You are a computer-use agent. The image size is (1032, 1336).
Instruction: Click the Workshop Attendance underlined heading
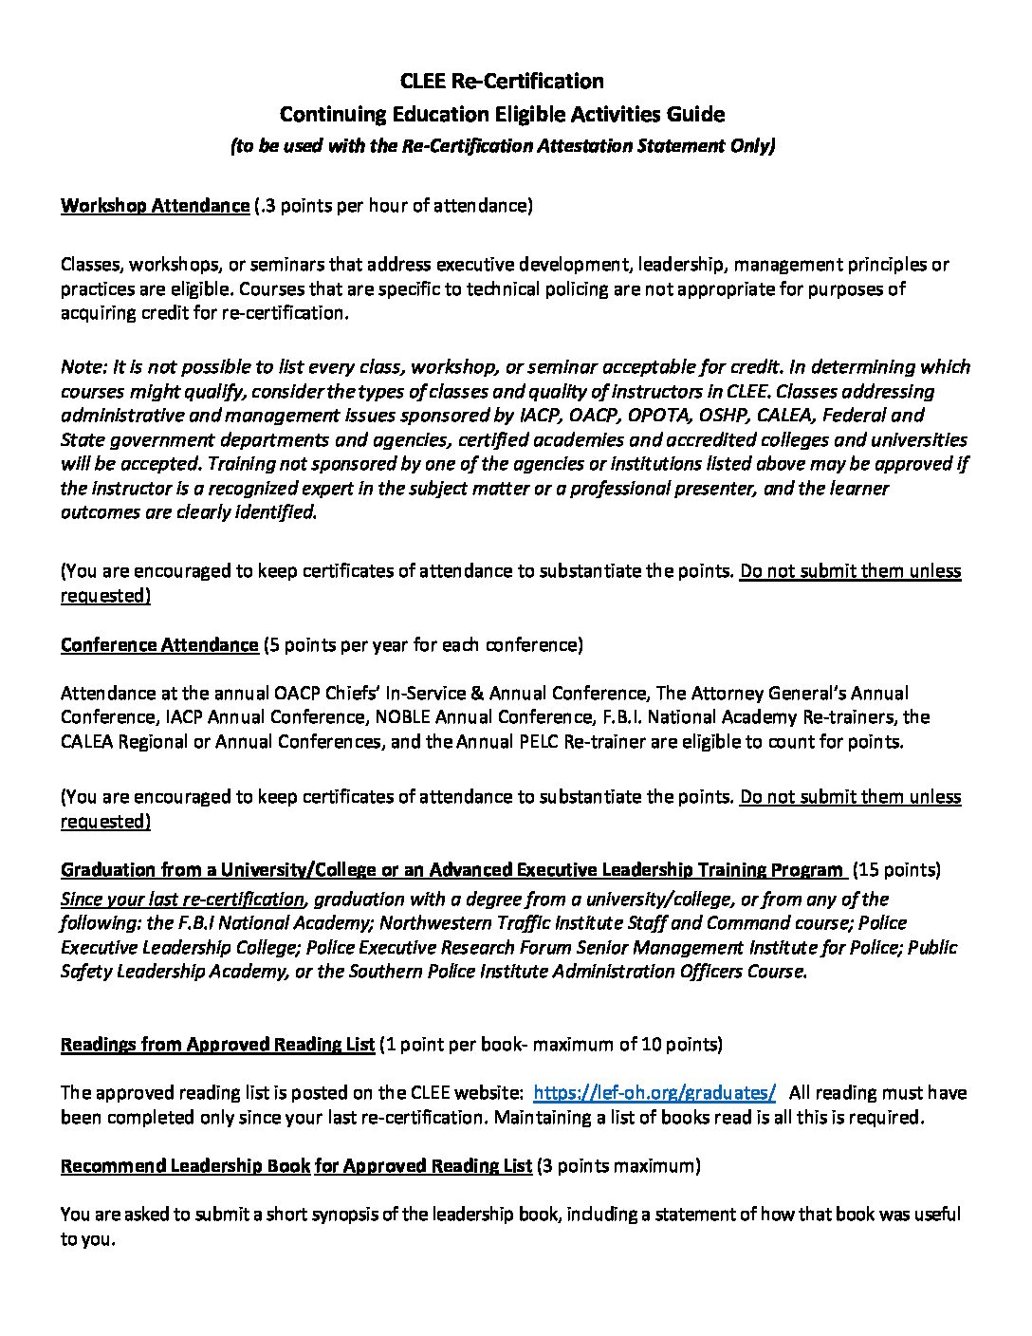tap(155, 205)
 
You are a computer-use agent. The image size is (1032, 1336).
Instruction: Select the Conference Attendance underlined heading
tap(159, 645)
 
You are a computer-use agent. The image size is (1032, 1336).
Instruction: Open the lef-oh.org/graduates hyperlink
tap(655, 1092)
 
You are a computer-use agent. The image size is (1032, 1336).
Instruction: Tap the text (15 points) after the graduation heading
tap(896, 869)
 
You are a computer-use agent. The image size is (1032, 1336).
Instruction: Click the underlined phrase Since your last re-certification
tap(183, 899)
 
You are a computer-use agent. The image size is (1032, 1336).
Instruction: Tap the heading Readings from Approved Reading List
tap(217, 1045)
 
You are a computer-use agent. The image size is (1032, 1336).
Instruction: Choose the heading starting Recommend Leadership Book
tap(185, 1165)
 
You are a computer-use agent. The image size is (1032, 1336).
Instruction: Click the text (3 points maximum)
tap(618, 1165)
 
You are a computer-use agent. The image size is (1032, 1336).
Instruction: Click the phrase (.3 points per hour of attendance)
tap(394, 205)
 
